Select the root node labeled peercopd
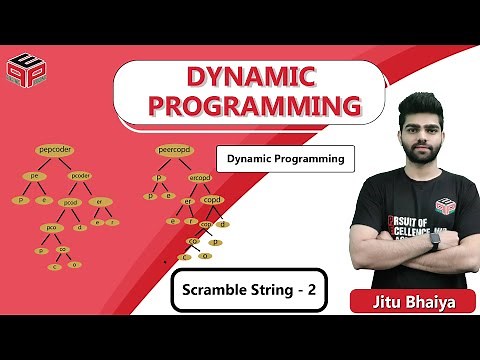[x=175, y=150]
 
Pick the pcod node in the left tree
[x=71, y=202]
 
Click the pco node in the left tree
[x=51, y=227]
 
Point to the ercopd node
[x=200, y=178]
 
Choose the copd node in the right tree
[x=213, y=200]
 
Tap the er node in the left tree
[x=99, y=202]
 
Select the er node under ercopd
[x=188, y=200]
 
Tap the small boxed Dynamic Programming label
[x=286, y=158]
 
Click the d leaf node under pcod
[x=80, y=227]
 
